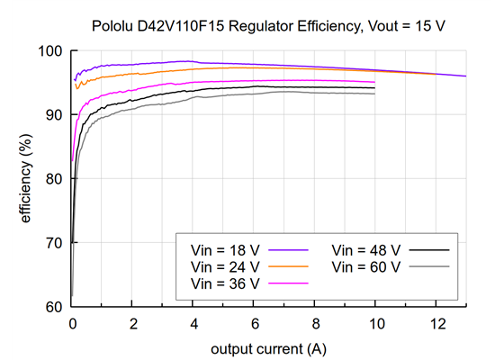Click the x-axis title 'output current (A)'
click(269, 347)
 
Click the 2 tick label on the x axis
click(133, 323)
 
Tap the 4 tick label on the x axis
click(193, 323)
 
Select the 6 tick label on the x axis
click(255, 323)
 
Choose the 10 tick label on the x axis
click(376, 323)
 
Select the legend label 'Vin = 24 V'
click(225, 266)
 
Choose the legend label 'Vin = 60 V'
click(367, 266)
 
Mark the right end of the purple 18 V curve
click(466, 76)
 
